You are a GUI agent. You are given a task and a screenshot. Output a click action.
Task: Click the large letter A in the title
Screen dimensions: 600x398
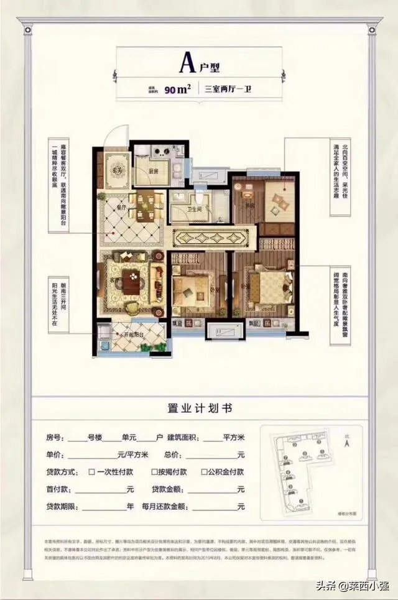[x=185, y=63]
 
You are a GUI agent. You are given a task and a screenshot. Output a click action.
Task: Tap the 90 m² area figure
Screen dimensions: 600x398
[x=178, y=89]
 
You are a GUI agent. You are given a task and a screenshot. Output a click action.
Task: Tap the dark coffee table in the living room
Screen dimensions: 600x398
[x=132, y=280]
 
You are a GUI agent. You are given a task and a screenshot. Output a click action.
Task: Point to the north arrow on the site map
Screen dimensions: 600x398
[x=349, y=443]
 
